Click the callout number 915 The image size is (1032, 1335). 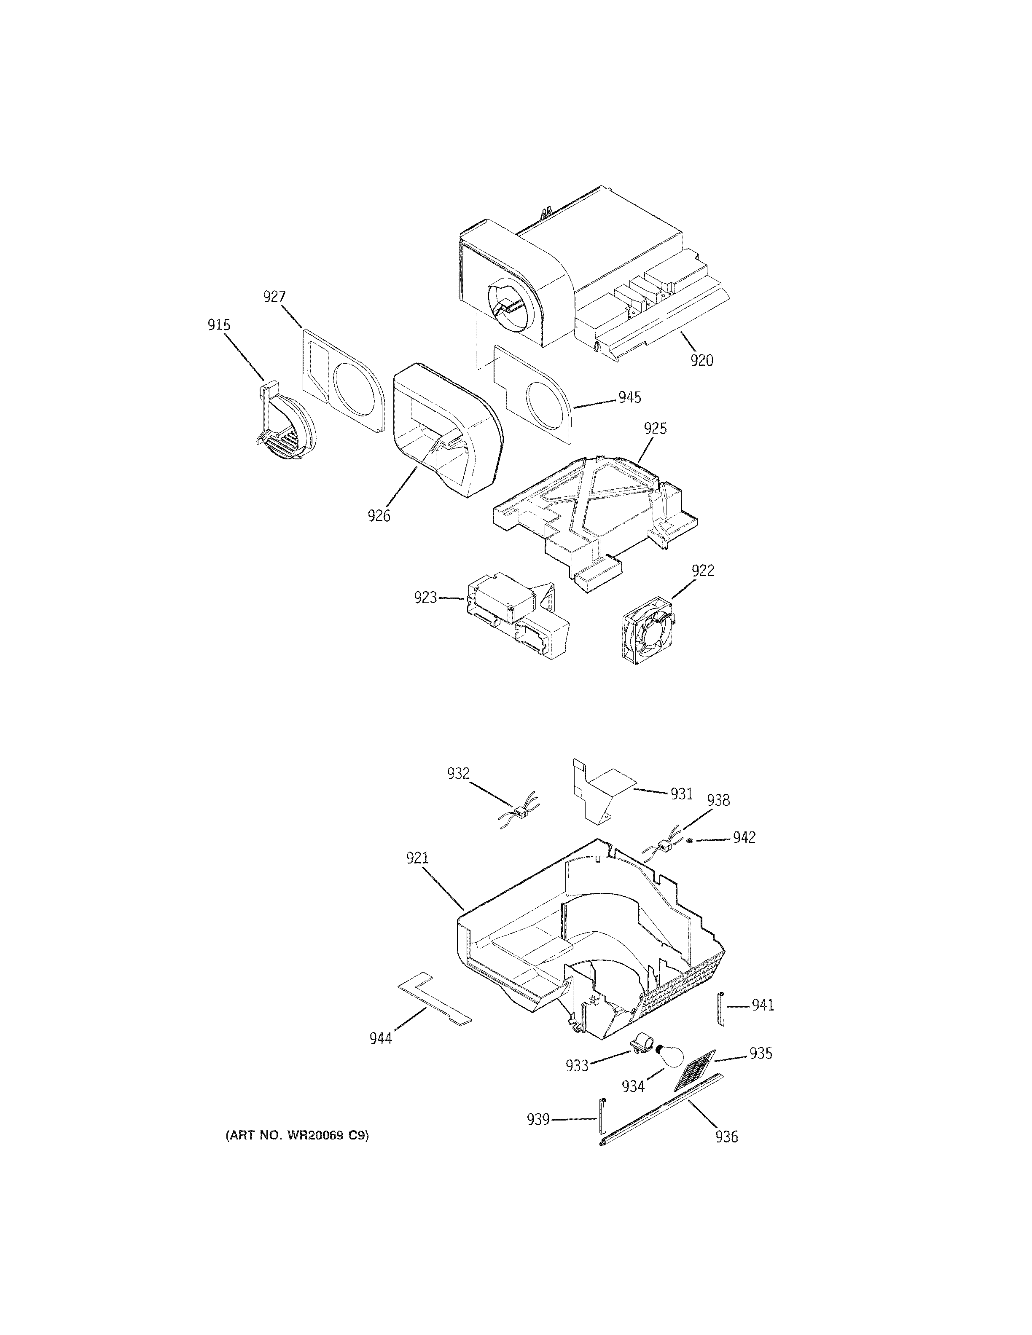point(218,324)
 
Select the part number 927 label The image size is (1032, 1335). point(274,297)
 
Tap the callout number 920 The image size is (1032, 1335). point(702,361)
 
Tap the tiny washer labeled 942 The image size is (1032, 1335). point(690,841)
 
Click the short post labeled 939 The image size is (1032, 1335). point(602,1119)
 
